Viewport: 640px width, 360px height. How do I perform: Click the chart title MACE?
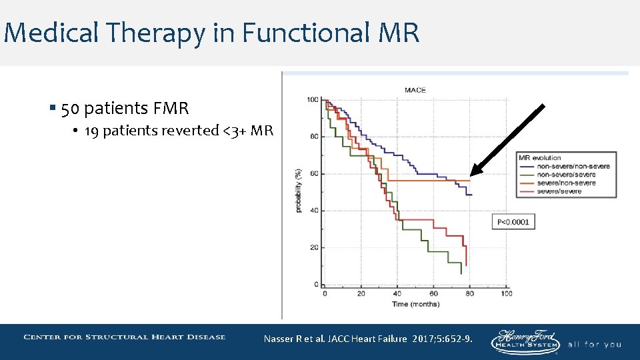click(x=415, y=90)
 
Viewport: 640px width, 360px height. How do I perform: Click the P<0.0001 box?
click(x=513, y=221)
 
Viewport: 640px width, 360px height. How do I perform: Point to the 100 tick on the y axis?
click(x=312, y=100)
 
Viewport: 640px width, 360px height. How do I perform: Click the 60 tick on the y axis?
click(x=313, y=174)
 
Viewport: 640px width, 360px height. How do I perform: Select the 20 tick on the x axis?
click(x=361, y=293)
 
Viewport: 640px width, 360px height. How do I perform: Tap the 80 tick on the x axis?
click(x=471, y=293)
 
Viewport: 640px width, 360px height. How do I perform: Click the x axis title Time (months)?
click(x=415, y=304)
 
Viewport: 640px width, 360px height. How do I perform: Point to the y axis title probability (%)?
click(x=299, y=191)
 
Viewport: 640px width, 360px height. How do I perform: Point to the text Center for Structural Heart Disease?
click(x=124, y=337)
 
